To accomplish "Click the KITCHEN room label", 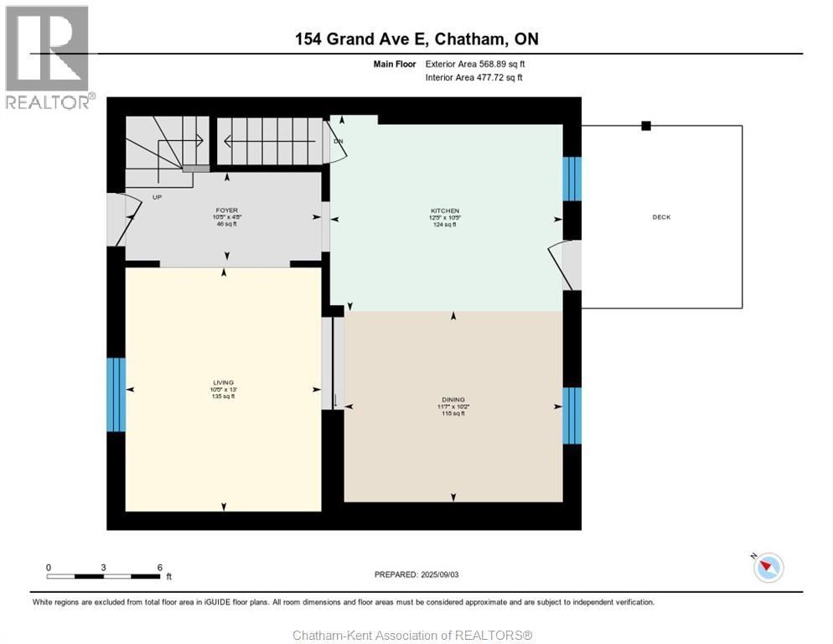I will [x=445, y=210].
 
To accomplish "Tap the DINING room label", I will [x=453, y=400].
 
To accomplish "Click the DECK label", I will [x=661, y=217].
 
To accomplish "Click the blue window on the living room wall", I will [x=116, y=394].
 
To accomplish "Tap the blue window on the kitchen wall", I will [x=572, y=179].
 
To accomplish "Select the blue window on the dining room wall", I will [x=572, y=415].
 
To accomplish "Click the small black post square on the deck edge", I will [x=646, y=126].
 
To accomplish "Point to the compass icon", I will [x=767, y=568].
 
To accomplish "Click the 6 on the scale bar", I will [x=159, y=567].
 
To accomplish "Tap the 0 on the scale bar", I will [x=49, y=567].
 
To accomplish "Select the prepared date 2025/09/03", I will [x=416, y=574].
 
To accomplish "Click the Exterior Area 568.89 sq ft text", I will [x=475, y=64].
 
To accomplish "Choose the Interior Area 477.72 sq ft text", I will [x=473, y=78].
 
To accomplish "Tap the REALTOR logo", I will [x=48, y=56].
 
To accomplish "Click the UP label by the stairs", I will [x=157, y=197].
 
